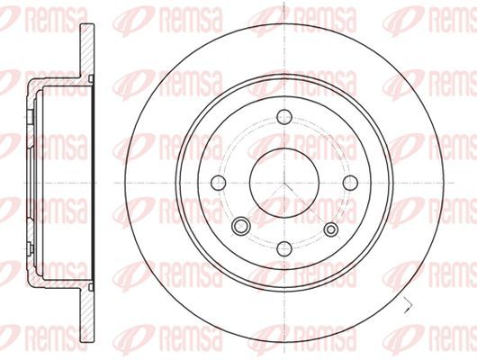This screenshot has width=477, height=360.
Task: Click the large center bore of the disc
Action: pos(284,183)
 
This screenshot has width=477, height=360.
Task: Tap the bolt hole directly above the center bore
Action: pos(284,117)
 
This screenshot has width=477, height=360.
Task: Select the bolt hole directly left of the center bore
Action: pos(218,183)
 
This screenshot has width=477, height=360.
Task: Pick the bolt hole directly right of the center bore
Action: pos(350,183)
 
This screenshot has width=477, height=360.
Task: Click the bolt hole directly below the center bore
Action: pos(284,248)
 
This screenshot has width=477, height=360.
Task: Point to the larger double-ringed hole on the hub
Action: pos(240,226)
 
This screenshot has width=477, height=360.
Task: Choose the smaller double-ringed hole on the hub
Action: pos(331,229)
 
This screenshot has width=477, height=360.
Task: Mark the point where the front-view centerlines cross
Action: pos(284,183)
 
